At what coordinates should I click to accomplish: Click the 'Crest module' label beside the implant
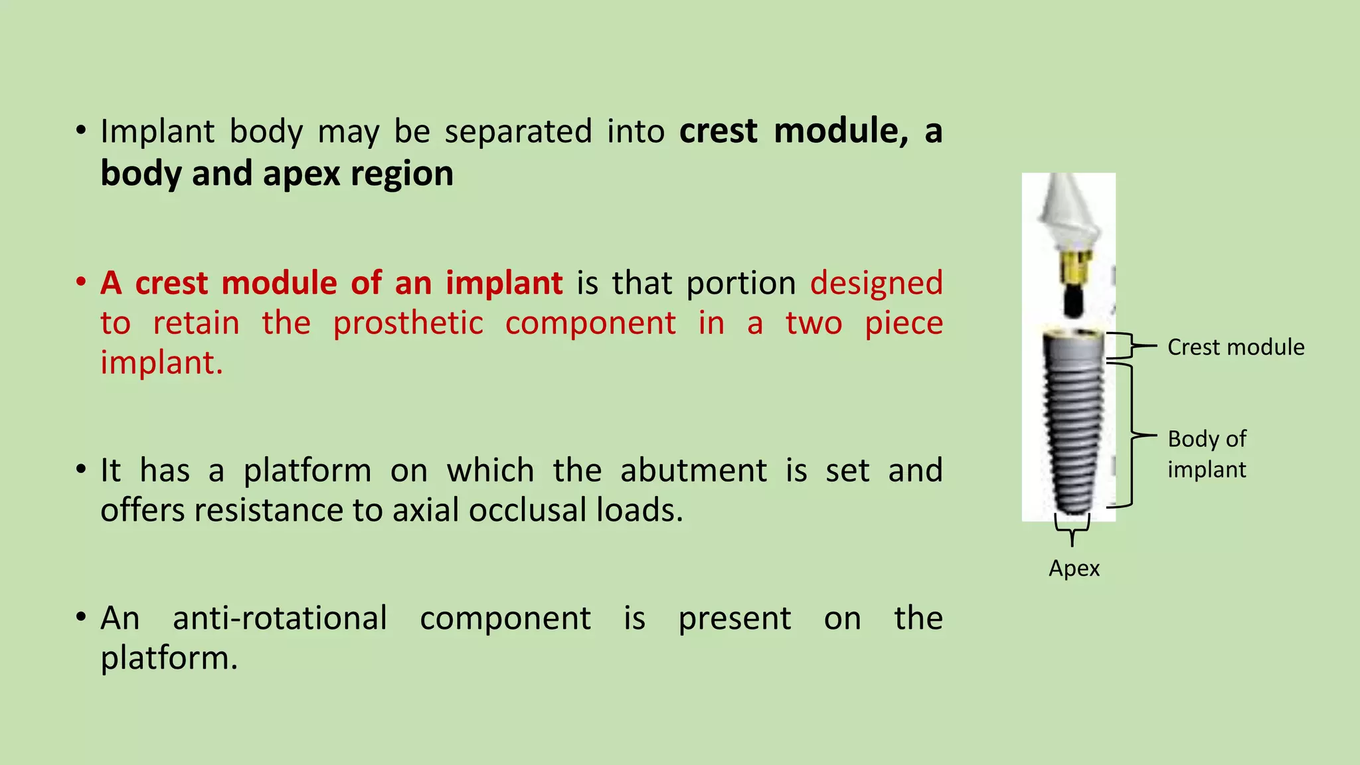coord(1235,347)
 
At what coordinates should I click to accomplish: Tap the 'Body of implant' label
coord(1207,454)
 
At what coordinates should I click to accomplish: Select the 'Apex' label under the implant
coord(1074,568)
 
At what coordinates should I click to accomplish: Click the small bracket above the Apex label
coord(1072,529)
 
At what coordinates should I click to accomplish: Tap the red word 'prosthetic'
coord(408,323)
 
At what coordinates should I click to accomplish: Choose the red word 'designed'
coord(876,283)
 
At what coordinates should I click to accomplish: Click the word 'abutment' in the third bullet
coord(693,471)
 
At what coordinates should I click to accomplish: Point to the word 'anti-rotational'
coord(280,618)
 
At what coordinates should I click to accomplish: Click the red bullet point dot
coord(81,282)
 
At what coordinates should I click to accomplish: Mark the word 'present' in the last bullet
coord(734,618)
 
